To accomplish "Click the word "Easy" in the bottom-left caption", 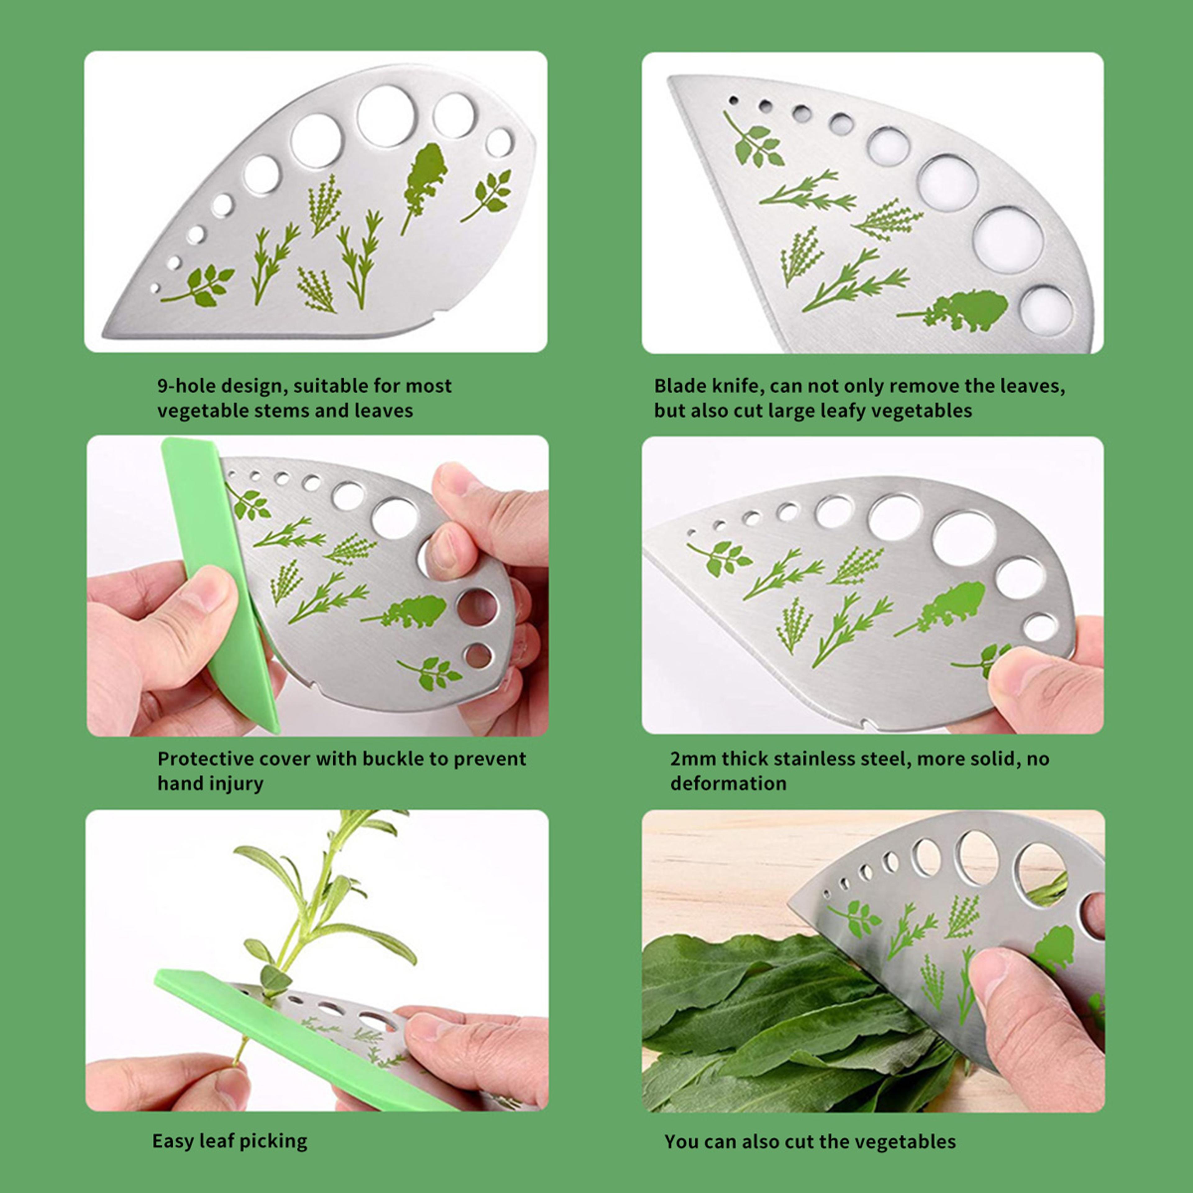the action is tap(173, 1140).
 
